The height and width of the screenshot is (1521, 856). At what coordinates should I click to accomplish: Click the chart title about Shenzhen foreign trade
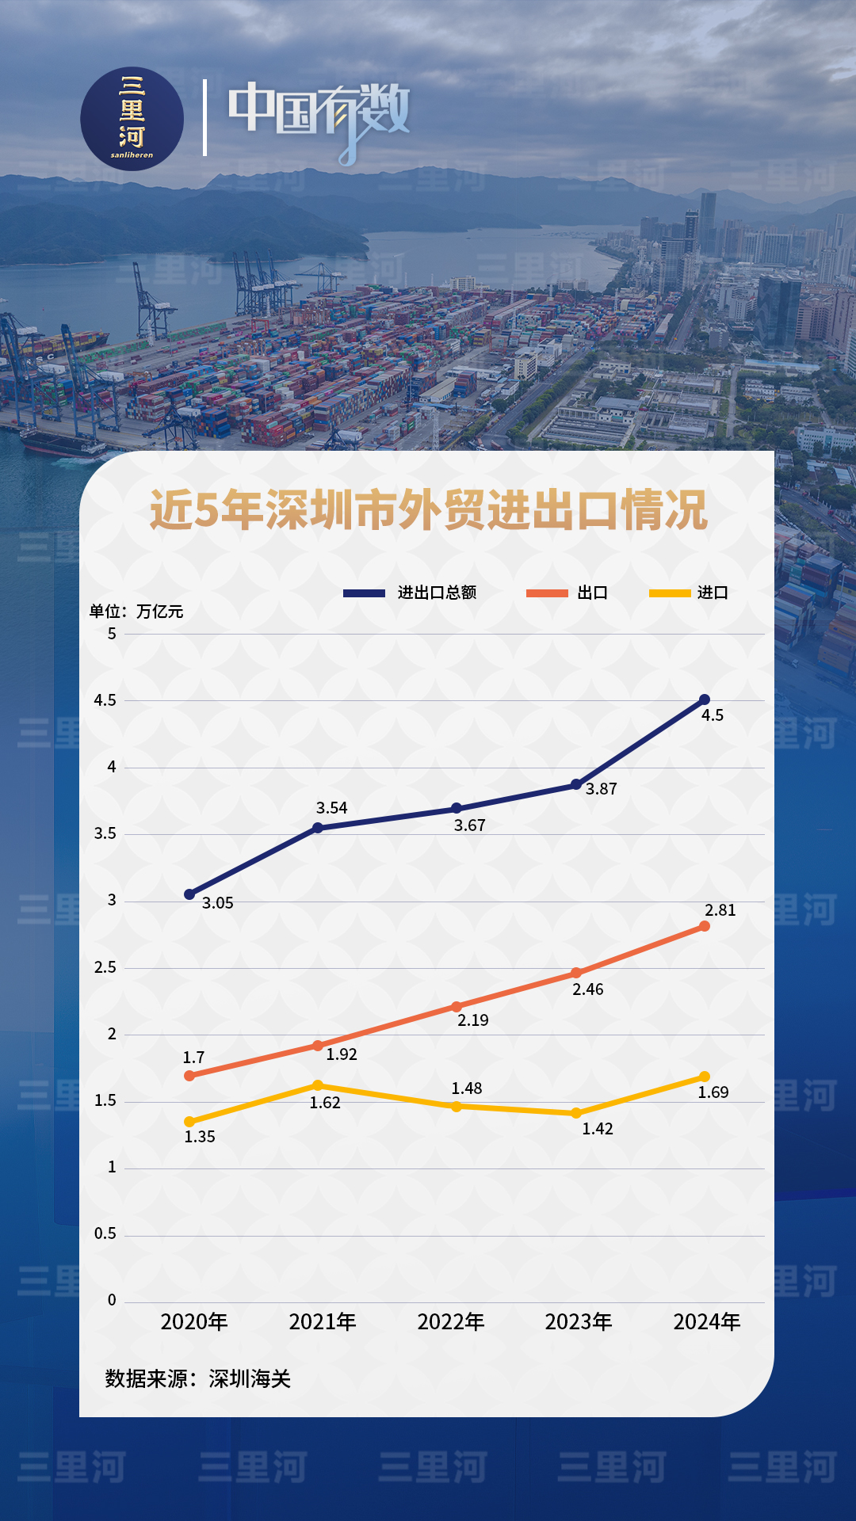tap(428, 510)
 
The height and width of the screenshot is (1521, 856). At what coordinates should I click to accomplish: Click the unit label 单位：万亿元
tap(136, 612)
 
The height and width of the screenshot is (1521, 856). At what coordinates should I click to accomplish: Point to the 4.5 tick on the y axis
tap(105, 700)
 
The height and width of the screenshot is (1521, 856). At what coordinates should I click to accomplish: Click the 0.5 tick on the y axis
tap(105, 1233)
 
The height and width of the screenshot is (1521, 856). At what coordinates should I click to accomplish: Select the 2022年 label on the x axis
tap(451, 1321)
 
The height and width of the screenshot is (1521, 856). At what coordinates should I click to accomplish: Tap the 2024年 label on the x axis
tap(707, 1321)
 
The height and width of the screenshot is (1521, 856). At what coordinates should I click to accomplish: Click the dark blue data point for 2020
tap(189, 894)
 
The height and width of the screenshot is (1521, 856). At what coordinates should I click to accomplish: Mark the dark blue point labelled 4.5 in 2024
tap(705, 700)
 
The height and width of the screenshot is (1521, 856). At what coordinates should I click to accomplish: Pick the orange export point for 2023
tap(576, 973)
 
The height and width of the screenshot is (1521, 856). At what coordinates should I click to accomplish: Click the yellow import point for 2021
tap(318, 1085)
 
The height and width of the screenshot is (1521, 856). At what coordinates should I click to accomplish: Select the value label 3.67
tap(469, 825)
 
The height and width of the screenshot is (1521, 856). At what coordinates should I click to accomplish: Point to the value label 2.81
tap(720, 910)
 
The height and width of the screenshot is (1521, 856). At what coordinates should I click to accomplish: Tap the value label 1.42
tap(598, 1129)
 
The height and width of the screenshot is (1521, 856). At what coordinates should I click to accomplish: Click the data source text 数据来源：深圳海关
tap(198, 1379)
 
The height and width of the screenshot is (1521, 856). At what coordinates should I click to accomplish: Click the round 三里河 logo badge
tap(132, 119)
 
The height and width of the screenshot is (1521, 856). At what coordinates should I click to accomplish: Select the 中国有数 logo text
tap(319, 115)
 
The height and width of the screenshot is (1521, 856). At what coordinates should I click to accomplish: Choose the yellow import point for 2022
tap(457, 1106)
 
